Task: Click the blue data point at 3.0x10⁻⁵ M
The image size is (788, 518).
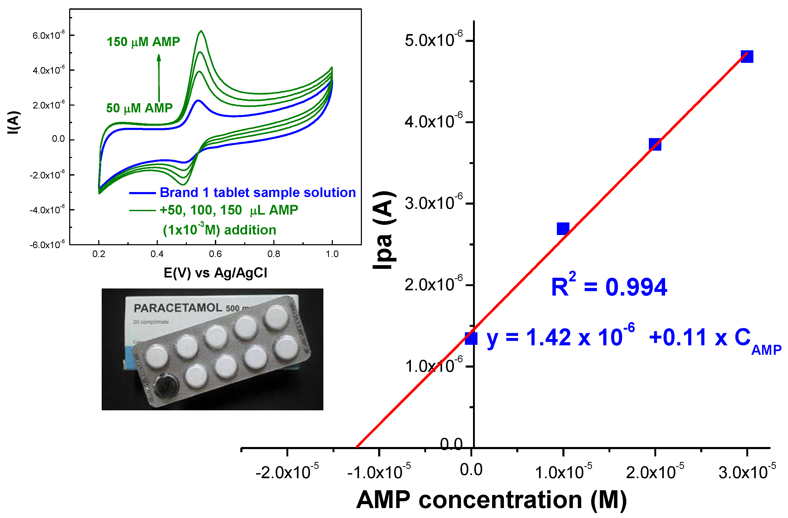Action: pyautogui.click(x=747, y=57)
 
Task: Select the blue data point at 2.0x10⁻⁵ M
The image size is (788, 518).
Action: pyautogui.click(x=655, y=145)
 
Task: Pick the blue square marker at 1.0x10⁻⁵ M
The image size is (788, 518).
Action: pyautogui.click(x=563, y=229)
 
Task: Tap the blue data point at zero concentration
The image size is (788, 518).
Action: pyautogui.click(x=471, y=338)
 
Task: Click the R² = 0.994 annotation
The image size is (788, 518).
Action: pyautogui.click(x=608, y=286)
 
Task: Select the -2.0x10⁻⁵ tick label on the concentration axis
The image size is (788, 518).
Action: pyautogui.click(x=287, y=472)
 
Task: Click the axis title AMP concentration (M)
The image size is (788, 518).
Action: pyautogui.click(x=491, y=500)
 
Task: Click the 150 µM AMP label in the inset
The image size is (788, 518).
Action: pyautogui.click(x=143, y=42)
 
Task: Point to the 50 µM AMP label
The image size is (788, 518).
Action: pyautogui.click(x=139, y=108)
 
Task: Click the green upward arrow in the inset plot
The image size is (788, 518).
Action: pyautogui.click(x=159, y=78)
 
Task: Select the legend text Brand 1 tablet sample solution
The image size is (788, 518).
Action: pyautogui.click(x=258, y=193)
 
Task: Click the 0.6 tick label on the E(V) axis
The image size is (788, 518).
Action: pyautogui.click(x=215, y=254)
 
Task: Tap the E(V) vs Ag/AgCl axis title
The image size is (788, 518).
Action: pyautogui.click(x=215, y=273)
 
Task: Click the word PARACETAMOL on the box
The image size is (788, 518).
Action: pyautogui.click(x=178, y=308)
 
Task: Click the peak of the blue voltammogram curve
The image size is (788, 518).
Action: pyautogui.click(x=198, y=100)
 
